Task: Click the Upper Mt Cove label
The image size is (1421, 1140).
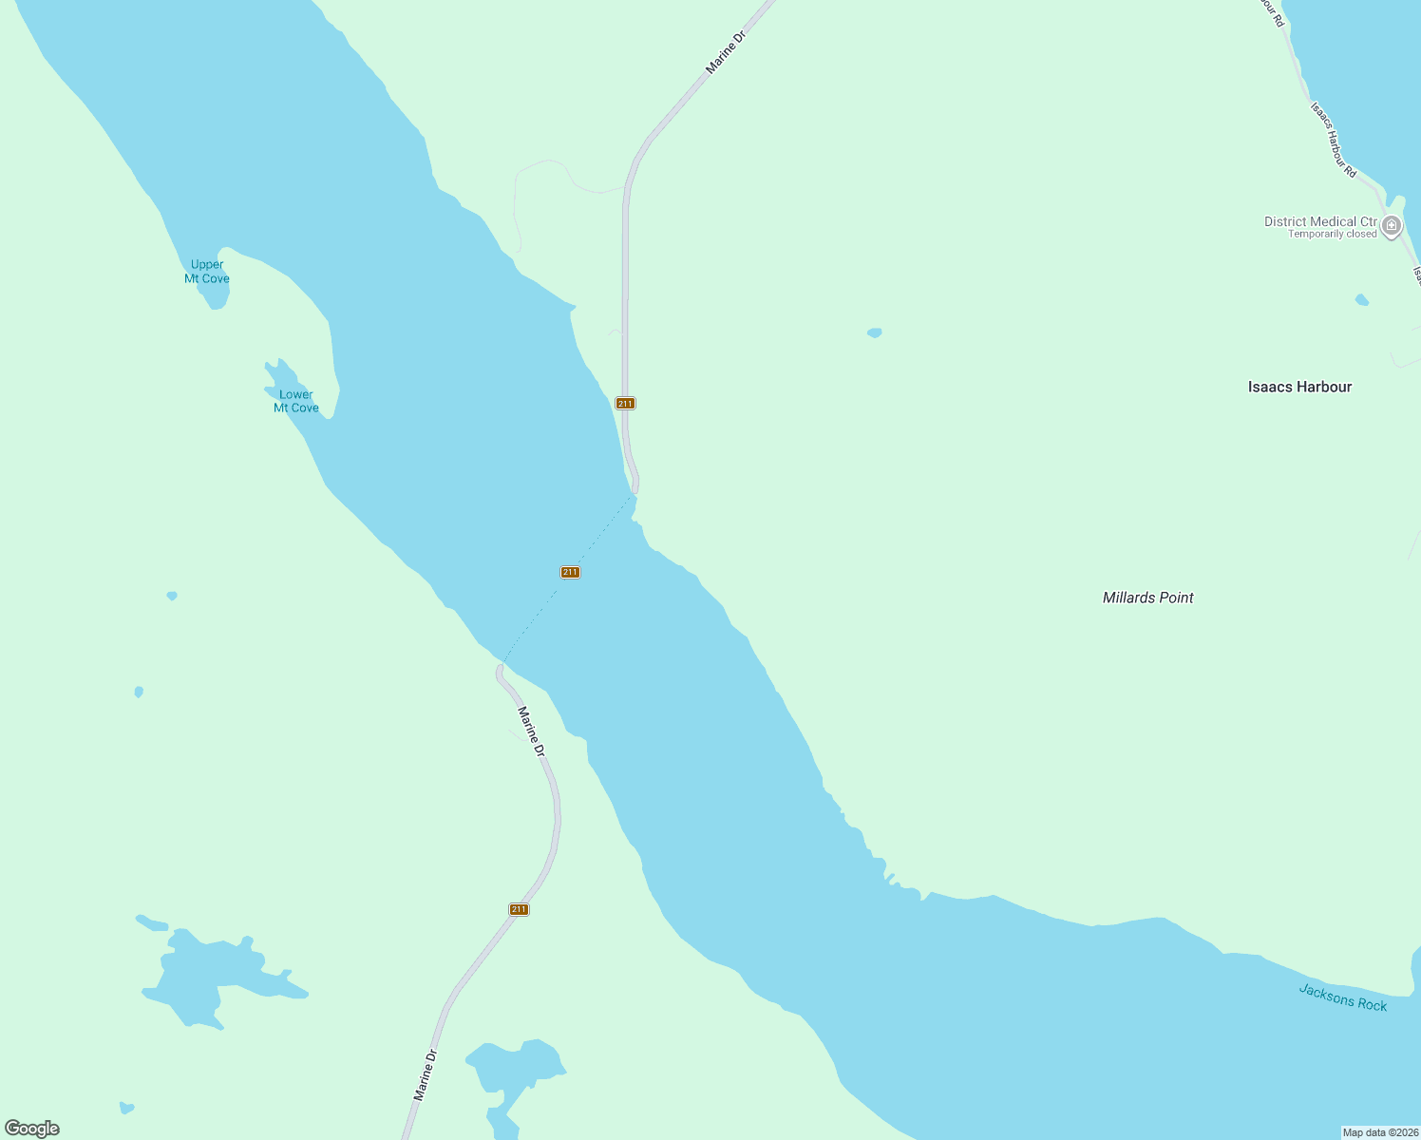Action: (207, 272)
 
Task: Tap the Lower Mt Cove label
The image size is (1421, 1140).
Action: (296, 401)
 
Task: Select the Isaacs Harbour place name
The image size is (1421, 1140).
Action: (1299, 387)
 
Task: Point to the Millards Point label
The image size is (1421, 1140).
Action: (1147, 598)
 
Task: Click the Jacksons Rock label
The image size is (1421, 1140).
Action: (1342, 997)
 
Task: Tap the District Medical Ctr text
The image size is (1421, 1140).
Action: (1319, 221)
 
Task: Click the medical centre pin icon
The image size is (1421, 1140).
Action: (1392, 226)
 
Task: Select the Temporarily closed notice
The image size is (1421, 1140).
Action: (1332, 235)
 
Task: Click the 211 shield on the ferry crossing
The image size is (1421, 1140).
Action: (570, 572)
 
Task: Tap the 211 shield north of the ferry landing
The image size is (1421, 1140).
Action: (625, 404)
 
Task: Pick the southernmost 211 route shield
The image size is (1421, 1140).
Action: (519, 909)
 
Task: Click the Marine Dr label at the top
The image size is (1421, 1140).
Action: (726, 52)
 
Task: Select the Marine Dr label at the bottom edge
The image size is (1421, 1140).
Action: (425, 1074)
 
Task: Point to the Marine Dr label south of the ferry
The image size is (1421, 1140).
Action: (532, 731)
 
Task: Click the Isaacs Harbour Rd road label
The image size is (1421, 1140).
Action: (1333, 140)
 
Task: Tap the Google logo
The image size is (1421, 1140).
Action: (32, 1129)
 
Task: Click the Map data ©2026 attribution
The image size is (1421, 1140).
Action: (1380, 1132)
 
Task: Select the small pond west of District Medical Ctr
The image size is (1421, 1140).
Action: (875, 332)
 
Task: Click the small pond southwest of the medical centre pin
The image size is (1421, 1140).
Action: (1362, 300)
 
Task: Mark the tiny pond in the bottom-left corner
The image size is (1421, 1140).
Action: (126, 1108)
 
